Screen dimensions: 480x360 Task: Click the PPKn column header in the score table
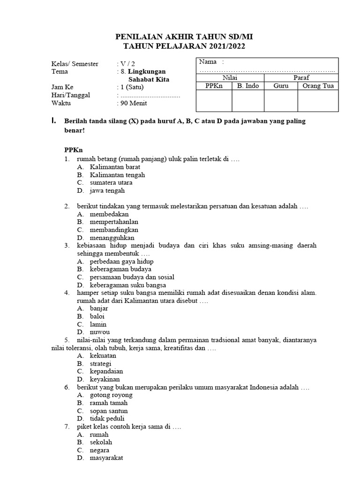(x=214, y=86)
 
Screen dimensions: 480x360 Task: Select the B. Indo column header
(x=248, y=86)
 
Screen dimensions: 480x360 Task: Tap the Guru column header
(x=281, y=86)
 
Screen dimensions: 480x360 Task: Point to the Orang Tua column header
(x=318, y=86)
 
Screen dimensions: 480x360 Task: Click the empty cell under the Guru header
(x=281, y=101)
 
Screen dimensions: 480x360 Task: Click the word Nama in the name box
(x=208, y=62)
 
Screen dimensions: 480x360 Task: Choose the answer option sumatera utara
(x=111, y=183)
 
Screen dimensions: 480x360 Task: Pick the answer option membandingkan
(x=114, y=230)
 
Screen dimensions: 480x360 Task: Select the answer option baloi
(x=97, y=316)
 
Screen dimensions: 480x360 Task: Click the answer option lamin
(x=98, y=324)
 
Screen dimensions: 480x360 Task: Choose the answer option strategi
(x=100, y=364)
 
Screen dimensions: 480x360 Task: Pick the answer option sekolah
(x=101, y=442)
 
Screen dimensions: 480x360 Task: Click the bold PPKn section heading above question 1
(x=73, y=150)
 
